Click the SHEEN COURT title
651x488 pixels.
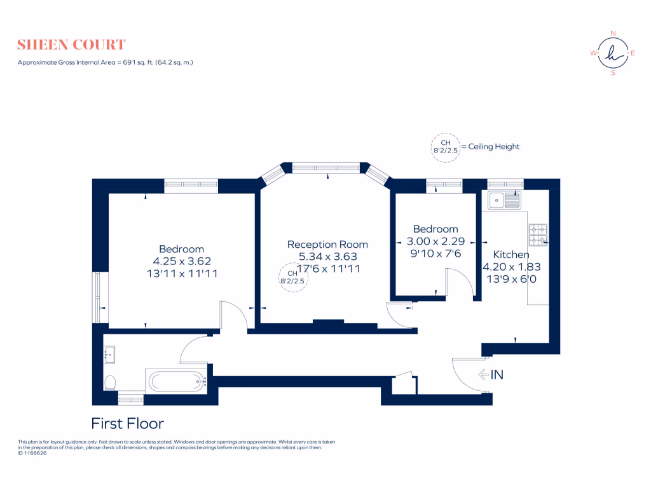(x=71, y=44)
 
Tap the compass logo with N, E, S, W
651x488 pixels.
(x=613, y=53)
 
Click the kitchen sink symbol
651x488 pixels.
(x=504, y=201)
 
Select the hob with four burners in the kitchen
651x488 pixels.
(x=538, y=235)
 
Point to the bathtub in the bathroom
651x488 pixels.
(x=177, y=382)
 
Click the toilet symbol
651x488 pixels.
(x=110, y=382)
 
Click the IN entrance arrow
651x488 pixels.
(x=491, y=375)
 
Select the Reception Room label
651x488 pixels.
(x=327, y=245)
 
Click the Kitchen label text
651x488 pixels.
(x=511, y=255)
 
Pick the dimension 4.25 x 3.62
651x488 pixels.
(x=181, y=261)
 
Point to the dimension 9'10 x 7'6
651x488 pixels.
(x=435, y=254)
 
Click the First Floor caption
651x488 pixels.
(x=128, y=423)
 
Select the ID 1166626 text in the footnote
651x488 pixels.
(x=32, y=453)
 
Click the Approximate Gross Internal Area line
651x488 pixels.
(x=105, y=62)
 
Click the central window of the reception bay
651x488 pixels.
(x=327, y=168)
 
